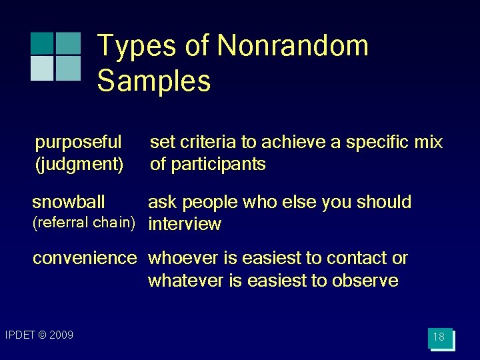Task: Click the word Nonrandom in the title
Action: point(293,46)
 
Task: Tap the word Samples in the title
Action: point(154,81)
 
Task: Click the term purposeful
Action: point(78,142)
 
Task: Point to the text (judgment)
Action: point(79,164)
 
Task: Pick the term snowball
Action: point(69,202)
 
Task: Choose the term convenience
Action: point(85,258)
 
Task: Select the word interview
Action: point(185,224)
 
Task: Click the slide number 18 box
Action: point(439,337)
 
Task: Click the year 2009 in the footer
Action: point(61,335)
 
